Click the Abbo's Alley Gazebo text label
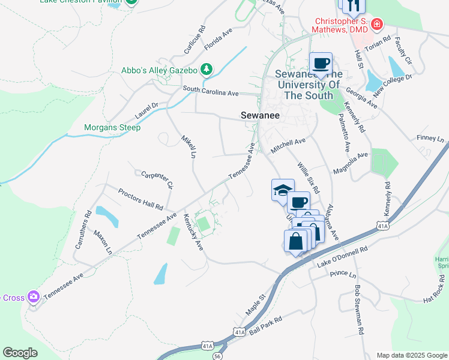pyautogui.click(x=159, y=70)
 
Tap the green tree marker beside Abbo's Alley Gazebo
pyautogui.click(x=206, y=70)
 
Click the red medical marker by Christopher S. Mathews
pyautogui.click(x=377, y=25)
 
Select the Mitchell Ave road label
pyautogui.click(x=288, y=143)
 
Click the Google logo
pyautogui.click(x=20, y=353)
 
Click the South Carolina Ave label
pyautogui.click(x=211, y=93)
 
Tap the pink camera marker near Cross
pyautogui.click(x=33, y=296)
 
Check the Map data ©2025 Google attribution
pyautogui.click(x=411, y=355)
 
